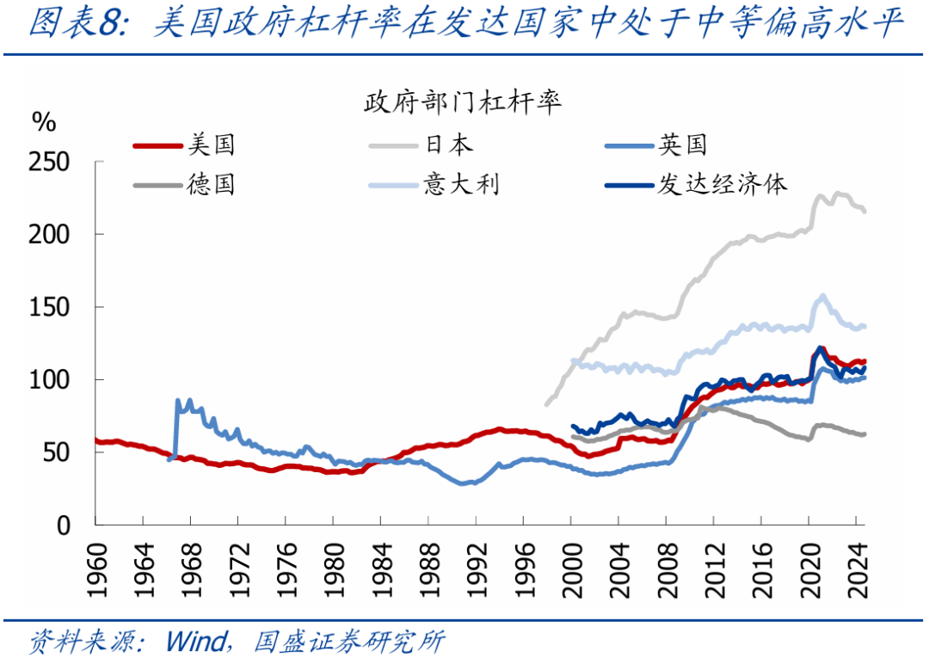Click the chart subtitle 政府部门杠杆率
464,102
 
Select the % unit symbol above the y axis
43,121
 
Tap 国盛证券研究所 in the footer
349,641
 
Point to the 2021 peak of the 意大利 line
823,296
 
